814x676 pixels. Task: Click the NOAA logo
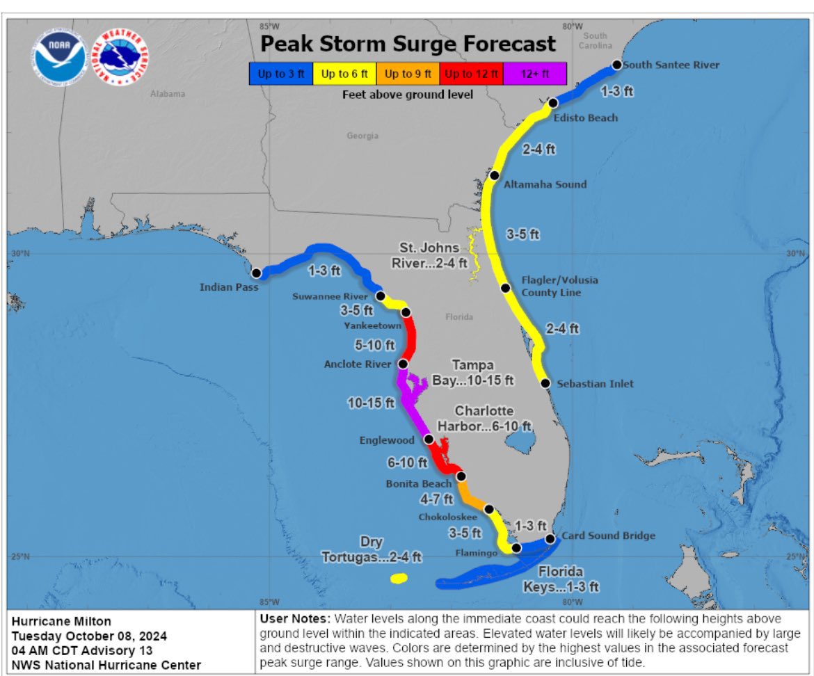(58, 57)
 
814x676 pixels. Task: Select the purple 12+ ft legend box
(534, 74)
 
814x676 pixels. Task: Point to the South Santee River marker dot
(616, 65)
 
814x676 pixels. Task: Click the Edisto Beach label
(585, 118)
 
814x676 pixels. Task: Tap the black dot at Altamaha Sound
(494, 175)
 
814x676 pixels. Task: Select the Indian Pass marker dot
(256, 273)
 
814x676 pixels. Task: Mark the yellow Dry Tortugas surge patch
(399, 578)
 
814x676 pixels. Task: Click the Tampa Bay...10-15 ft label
(482, 372)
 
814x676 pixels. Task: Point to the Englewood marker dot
(429, 439)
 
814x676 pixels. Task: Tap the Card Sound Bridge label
(608, 536)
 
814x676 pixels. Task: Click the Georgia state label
(362, 136)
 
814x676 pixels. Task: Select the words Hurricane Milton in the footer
(61, 621)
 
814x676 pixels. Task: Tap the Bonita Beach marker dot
(461, 476)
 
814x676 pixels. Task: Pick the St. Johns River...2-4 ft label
(433, 255)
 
